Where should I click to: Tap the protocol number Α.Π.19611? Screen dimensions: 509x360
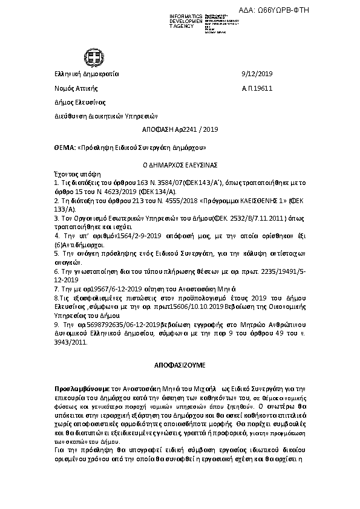(257, 88)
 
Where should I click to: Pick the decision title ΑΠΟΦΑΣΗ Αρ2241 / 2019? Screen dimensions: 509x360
(171, 129)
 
